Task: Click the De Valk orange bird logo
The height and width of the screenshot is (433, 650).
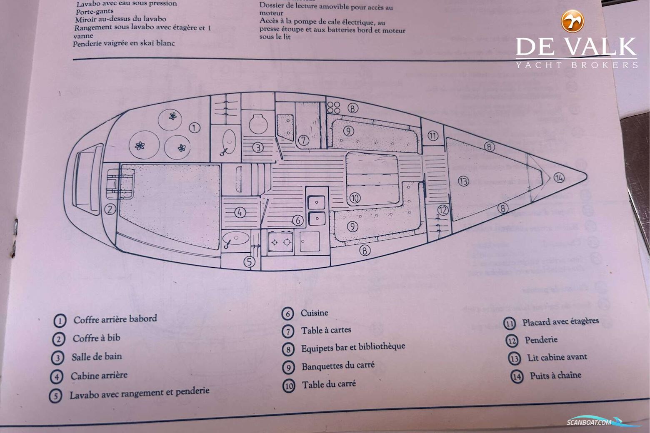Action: click(573, 21)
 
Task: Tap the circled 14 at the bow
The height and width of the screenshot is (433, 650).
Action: click(559, 178)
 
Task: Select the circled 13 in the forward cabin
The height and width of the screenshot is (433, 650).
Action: click(463, 181)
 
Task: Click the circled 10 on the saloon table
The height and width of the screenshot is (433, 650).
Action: click(355, 198)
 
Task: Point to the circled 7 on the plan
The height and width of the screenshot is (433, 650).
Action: click(303, 140)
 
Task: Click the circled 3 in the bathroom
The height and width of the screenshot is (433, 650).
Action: click(258, 147)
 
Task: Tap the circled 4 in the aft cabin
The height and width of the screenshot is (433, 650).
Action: click(240, 213)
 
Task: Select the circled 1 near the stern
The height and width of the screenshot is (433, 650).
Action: click(194, 127)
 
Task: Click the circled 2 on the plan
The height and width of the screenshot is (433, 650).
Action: click(110, 209)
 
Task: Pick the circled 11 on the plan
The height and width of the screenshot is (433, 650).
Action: click(433, 136)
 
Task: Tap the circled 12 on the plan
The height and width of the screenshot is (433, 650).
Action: click(442, 210)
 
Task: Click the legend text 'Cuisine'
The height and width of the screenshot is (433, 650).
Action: click(314, 313)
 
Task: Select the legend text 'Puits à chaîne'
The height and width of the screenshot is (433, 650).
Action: click(555, 376)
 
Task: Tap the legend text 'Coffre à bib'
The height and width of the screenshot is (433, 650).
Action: click(96, 338)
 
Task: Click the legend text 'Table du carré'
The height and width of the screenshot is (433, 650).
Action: click(329, 384)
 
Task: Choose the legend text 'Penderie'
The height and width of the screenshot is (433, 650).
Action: click(540, 340)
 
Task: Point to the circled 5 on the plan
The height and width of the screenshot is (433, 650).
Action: click(249, 261)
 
